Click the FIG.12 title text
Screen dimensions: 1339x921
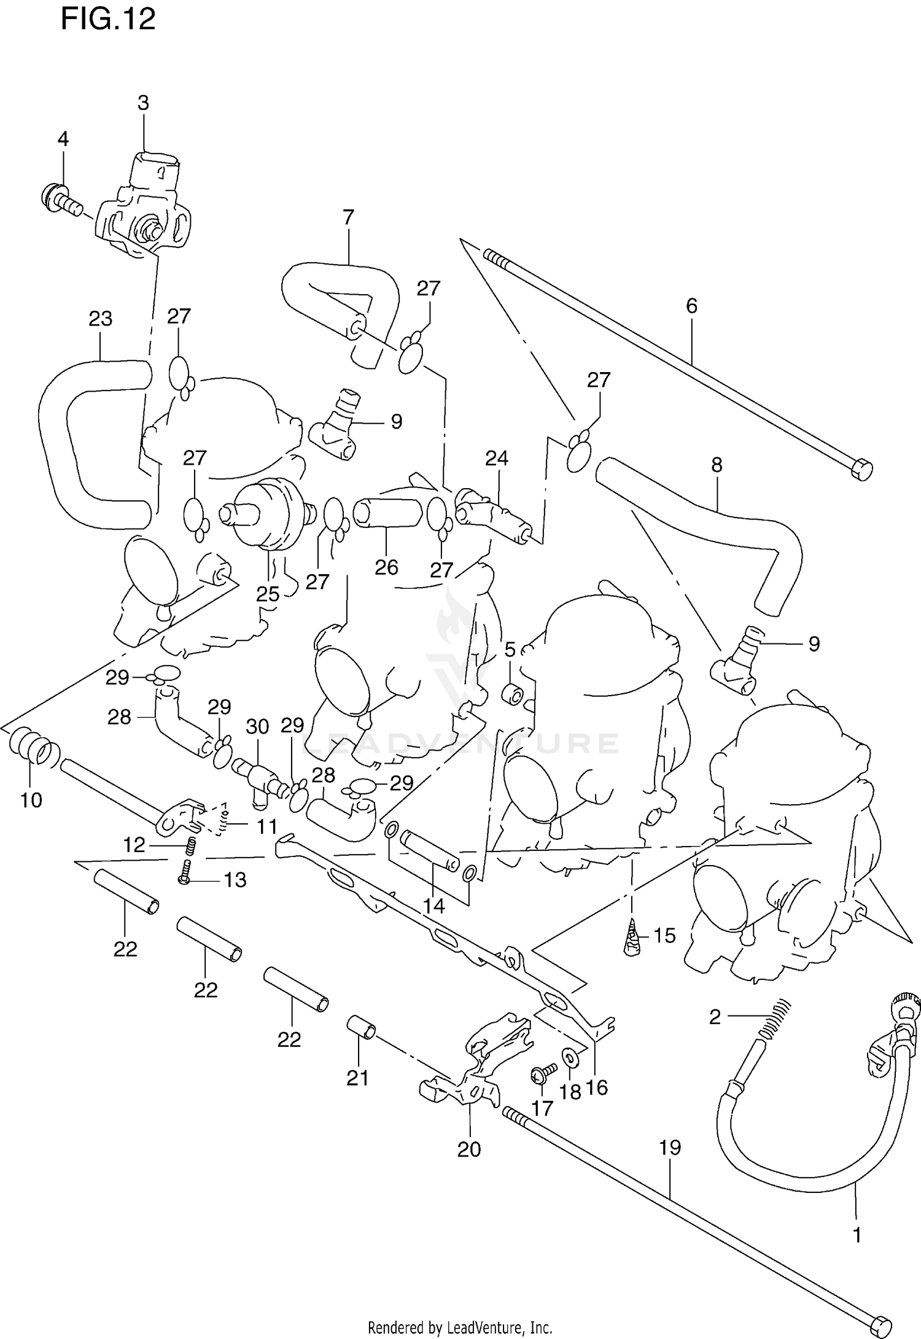[108, 20]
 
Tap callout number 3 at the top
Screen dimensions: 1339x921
[143, 103]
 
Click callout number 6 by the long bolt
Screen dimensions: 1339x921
[692, 305]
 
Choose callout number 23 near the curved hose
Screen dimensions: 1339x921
[100, 319]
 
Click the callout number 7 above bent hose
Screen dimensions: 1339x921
[348, 217]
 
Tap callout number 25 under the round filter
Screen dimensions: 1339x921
[268, 594]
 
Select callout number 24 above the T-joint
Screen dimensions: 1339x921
[497, 458]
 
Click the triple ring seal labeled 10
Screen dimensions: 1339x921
[34, 748]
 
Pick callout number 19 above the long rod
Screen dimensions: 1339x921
[670, 1147]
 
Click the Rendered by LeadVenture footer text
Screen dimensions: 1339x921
[460, 1324]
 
